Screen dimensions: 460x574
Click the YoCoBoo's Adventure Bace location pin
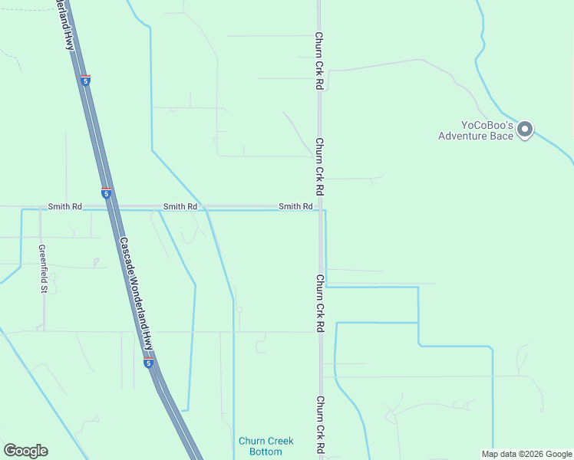525,129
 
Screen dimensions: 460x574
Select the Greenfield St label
44,268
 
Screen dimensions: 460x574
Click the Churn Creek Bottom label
260,446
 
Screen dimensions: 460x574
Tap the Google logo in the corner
25,451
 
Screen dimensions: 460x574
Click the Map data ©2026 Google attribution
526,454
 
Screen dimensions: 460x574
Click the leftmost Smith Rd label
64,207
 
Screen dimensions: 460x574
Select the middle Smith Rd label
180,207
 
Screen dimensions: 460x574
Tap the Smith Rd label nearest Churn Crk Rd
295,207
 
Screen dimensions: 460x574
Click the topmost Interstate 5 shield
85,80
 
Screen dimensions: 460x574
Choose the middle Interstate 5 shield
107,192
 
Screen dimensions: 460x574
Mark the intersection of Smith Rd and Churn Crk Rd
320,209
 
